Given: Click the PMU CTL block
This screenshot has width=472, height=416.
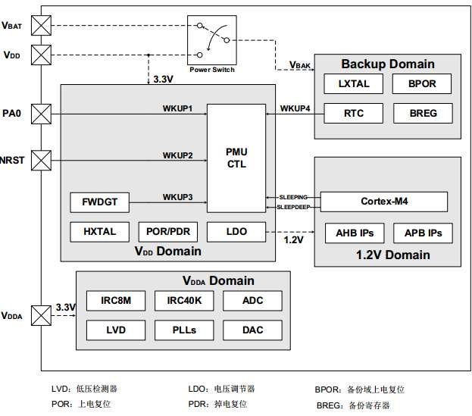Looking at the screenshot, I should (x=236, y=158).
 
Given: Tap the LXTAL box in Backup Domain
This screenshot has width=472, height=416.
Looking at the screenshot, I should (x=354, y=83).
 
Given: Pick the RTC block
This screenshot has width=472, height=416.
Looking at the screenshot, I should (x=354, y=114).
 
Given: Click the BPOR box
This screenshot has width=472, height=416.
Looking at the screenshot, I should (x=423, y=83).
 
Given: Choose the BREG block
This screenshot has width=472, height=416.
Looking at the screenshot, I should (x=423, y=114).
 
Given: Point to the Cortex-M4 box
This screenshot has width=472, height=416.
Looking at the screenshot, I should (x=384, y=202).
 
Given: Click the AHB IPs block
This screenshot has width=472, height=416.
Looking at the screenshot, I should (x=355, y=232).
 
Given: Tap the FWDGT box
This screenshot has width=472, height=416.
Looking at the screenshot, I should (x=100, y=202).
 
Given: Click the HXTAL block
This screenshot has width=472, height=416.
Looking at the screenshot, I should (x=100, y=231).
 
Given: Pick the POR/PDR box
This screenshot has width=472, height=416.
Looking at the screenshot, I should (x=167, y=231).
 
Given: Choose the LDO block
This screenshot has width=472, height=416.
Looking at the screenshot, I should (x=236, y=231).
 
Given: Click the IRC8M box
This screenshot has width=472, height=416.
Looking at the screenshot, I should (x=116, y=301).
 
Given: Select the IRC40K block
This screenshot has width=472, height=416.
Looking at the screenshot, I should (x=184, y=301).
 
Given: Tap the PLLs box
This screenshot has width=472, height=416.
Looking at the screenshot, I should (x=184, y=330).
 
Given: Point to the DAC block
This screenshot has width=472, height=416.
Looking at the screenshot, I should (x=252, y=330).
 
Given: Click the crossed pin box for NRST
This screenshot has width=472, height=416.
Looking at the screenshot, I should (x=40, y=160).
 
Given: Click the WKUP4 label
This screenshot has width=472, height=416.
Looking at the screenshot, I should (x=295, y=108).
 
